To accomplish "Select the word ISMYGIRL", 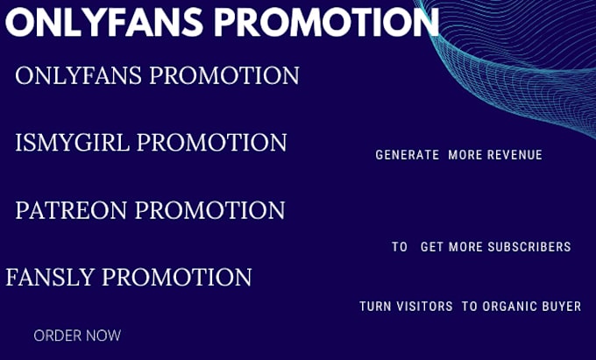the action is pyautogui.click(x=72, y=143).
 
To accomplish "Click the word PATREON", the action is pyautogui.click(x=71, y=210).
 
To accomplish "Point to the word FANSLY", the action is pyautogui.click(x=50, y=277).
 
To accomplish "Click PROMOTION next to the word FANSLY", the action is pyautogui.click(x=177, y=277).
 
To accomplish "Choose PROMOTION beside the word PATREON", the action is pyautogui.click(x=209, y=210).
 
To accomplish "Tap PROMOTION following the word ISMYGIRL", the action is pyautogui.click(x=212, y=143).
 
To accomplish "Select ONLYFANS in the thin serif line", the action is pyautogui.click(x=78, y=75).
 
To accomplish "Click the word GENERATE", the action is pyautogui.click(x=407, y=155).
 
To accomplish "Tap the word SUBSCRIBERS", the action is pyautogui.click(x=529, y=247).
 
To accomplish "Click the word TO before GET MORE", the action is pyautogui.click(x=400, y=247).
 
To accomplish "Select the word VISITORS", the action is pyautogui.click(x=424, y=306).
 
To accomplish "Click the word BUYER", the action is pyautogui.click(x=564, y=306).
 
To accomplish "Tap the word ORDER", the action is pyautogui.click(x=57, y=335).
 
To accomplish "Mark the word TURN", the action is pyautogui.click(x=375, y=306).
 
